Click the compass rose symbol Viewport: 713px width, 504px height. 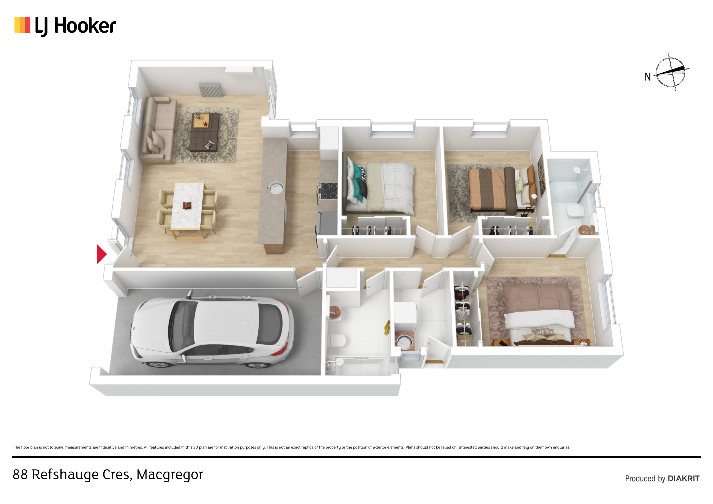point(671,72)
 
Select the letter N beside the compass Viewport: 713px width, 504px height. point(648,77)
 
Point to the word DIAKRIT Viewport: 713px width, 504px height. point(684,479)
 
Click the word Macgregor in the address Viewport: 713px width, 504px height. point(170,475)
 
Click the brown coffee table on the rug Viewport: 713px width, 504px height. point(205,132)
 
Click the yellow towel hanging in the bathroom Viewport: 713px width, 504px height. point(387,328)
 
